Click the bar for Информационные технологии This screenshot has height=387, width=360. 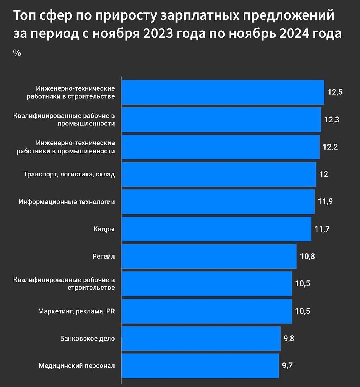click(x=218, y=202)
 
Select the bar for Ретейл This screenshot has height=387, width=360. click(x=209, y=256)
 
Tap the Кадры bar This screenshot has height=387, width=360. click(x=216, y=229)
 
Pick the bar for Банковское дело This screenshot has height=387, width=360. click(x=201, y=338)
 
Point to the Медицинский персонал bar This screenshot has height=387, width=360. click(x=200, y=365)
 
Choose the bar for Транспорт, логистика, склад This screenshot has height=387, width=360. click(x=219, y=174)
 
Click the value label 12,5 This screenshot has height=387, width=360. click(x=335, y=92)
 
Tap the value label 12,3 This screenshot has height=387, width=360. click(x=332, y=119)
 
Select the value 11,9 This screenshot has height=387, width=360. click(x=325, y=201)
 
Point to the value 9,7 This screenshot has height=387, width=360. click(x=287, y=365)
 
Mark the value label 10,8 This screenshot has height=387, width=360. click(x=307, y=256)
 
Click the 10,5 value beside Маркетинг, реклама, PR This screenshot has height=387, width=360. click(x=303, y=311)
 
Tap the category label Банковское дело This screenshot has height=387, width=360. click(x=87, y=338)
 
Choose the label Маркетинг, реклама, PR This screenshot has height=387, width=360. click(x=76, y=311)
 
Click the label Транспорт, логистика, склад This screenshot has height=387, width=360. click(x=69, y=174)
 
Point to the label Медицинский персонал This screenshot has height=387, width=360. click(x=77, y=365)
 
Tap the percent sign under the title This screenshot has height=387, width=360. click(x=17, y=53)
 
